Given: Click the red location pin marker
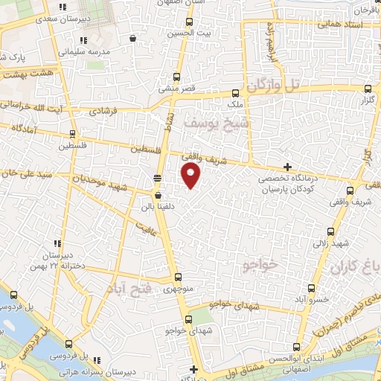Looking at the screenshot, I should tap(191, 176).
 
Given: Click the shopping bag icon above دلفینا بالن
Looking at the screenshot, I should tap(157, 195).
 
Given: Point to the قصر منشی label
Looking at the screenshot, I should tap(176, 89).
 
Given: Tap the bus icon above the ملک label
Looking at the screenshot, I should tap(235, 93).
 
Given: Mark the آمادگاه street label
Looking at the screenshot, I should tap(24, 129).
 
